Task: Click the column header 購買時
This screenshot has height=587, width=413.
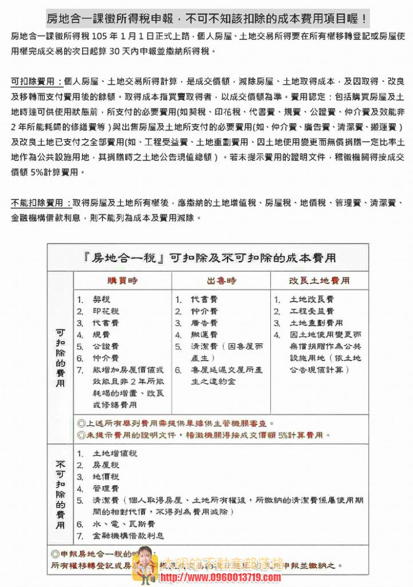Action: click(x=123, y=281)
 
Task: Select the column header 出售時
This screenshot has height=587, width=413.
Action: click(x=221, y=281)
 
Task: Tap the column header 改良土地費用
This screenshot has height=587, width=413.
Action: click(x=319, y=281)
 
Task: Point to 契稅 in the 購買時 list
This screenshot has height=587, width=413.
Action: click(x=101, y=300)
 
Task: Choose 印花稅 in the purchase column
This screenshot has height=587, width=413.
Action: click(x=105, y=312)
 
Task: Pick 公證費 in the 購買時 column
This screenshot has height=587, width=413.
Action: click(x=105, y=346)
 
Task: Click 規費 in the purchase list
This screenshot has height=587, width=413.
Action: click(x=101, y=335)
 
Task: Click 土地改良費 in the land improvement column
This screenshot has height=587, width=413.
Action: click(x=312, y=300)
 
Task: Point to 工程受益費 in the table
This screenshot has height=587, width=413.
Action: click(x=312, y=312)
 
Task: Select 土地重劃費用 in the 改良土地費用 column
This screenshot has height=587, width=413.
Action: click(x=316, y=323)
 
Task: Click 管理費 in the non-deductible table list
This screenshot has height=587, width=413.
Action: click(x=105, y=488)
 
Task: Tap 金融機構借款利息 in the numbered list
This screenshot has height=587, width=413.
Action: click(x=128, y=536)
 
